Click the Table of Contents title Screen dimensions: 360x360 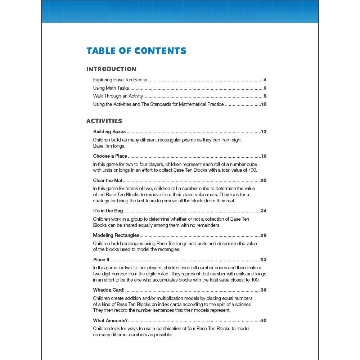(136, 51)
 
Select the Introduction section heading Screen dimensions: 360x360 (111, 69)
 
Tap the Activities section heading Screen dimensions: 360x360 (104, 121)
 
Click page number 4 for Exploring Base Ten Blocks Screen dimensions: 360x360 (265, 80)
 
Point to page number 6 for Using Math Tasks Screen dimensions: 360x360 (265, 88)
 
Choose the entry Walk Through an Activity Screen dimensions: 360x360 (118, 96)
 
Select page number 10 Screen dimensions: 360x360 (264, 104)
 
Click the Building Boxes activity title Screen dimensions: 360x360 (109, 132)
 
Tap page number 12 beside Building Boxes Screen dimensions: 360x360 (264, 132)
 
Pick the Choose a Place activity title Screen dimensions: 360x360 (110, 156)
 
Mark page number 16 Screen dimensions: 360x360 (264, 156)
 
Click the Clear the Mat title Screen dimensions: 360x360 (108, 181)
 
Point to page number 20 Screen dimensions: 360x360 (263, 181)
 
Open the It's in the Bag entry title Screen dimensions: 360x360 (108, 211)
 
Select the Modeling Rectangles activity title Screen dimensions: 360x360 (116, 235)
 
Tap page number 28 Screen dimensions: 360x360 (263, 235)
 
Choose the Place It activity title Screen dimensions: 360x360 (101, 260)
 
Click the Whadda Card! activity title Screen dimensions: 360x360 (109, 290)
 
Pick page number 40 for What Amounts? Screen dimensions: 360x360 (263, 320)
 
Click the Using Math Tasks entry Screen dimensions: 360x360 (111, 88)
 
